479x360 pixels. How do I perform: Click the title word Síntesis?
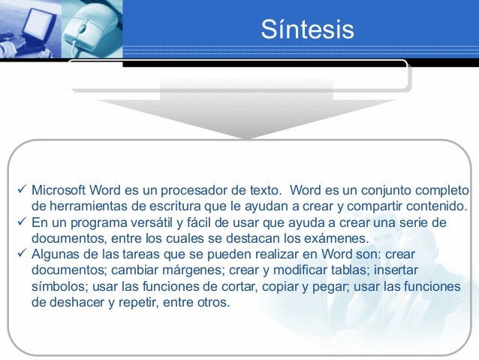tap(307, 29)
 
